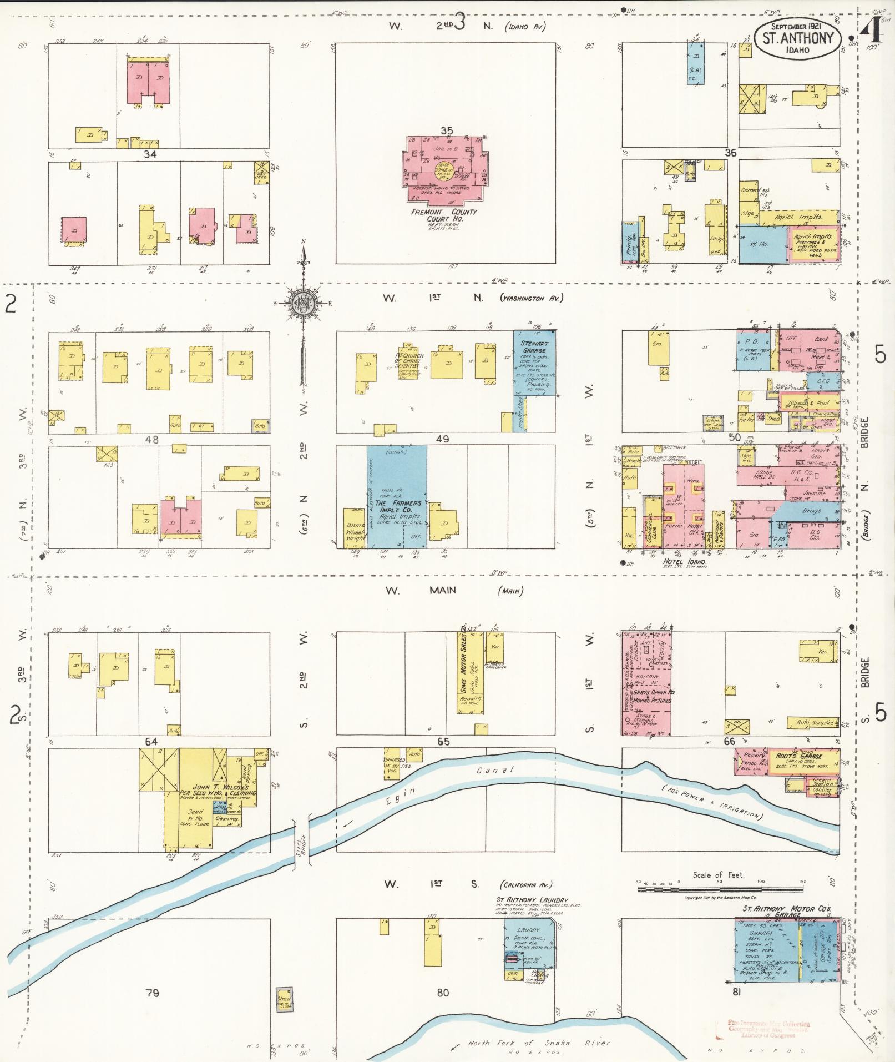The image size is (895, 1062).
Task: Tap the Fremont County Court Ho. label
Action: (x=444, y=215)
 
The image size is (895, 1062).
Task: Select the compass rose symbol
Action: (x=303, y=304)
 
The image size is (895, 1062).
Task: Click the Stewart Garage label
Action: (x=533, y=347)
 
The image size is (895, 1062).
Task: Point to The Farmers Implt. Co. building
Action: (x=397, y=497)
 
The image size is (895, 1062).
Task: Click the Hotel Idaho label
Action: (x=682, y=561)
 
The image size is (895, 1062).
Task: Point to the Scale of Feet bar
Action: (x=720, y=889)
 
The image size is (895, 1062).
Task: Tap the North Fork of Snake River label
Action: (x=538, y=1043)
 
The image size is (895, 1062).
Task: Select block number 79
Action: (x=152, y=993)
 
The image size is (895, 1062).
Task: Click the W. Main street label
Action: (x=420, y=591)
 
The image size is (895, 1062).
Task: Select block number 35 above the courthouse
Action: (x=446, y=130)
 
